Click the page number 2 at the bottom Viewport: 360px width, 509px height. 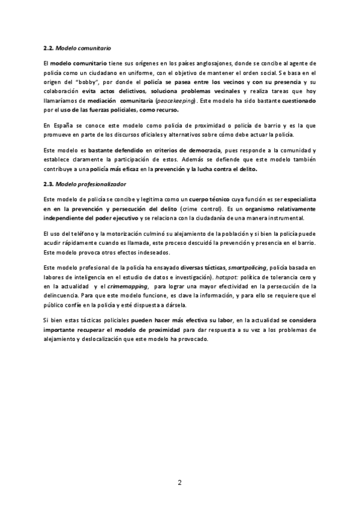(179, 483)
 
